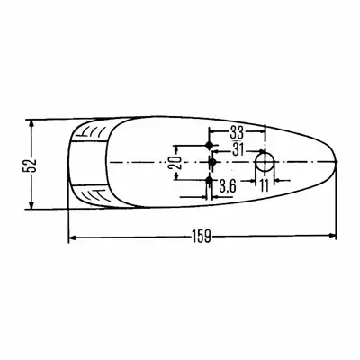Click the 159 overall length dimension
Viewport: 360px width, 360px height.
tap(202, 237)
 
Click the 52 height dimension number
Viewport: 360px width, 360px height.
tap(30, 165)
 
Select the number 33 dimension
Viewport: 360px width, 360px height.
tap(237, 132)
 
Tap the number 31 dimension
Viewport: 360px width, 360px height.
tap(238, 149)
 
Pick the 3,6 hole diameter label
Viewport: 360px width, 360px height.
tap(228, 187)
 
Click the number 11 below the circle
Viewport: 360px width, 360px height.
tap(265, 186)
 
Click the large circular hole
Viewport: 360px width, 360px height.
tap(265, 162)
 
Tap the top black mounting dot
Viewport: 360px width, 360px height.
tap(210, 146)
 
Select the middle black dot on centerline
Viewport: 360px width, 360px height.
tap(212, 162)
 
